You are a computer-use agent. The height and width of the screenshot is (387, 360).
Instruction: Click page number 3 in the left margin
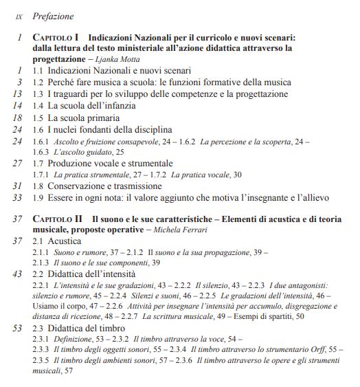pos(21,82)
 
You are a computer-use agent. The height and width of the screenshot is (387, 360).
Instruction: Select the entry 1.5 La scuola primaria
pos(76,117)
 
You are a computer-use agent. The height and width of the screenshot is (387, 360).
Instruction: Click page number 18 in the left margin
pos(19,117)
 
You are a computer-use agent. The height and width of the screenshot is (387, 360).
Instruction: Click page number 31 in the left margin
pos(19,186)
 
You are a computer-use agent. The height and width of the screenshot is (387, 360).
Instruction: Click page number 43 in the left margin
pos(19,274)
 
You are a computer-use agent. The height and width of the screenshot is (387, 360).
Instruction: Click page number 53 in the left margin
pos(19,328)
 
